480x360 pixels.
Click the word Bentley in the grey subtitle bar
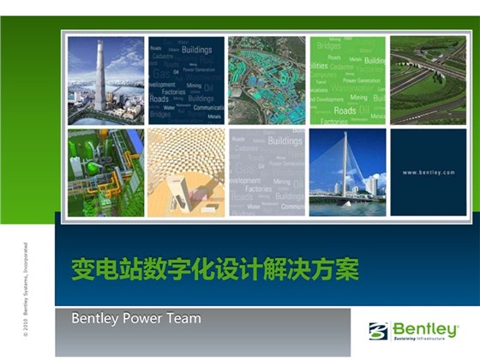click(97, 319)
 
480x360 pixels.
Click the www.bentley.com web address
click(429, 172)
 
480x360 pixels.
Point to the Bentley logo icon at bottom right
click(379, 330)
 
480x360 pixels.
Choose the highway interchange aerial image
click(428, 79)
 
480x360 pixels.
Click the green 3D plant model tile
click(105, 171)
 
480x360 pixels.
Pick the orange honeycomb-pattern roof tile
click(185, 171)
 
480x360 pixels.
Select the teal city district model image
click(267, 80)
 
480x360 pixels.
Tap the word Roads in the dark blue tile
click(159, 99)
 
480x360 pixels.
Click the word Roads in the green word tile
click(345, 110)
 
